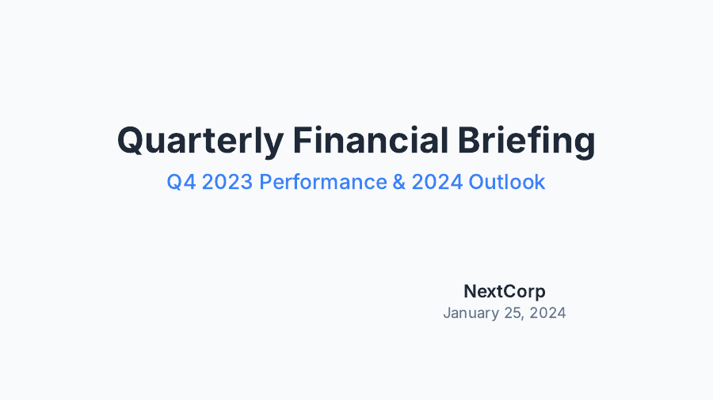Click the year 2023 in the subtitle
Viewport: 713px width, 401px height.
(x=228, y=182)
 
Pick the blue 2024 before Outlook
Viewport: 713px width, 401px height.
(x=437, y=182)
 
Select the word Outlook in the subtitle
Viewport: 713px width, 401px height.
(x=507, y=182)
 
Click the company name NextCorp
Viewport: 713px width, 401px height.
(x=505, y=291)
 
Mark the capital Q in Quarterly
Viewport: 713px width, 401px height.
(x=131, y=142)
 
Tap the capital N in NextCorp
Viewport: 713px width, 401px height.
(x=470, y=291)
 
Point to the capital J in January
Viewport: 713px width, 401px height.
(x=447, y=312)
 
